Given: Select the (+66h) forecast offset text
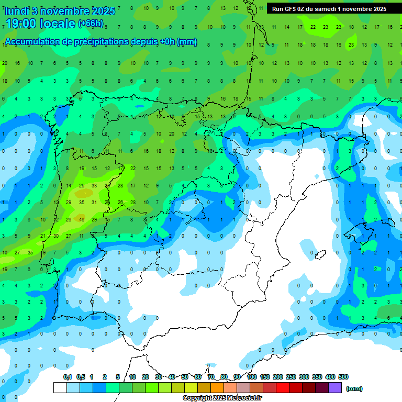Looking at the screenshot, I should click(x=91, y=24).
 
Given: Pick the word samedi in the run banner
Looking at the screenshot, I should click(x=326, y=9).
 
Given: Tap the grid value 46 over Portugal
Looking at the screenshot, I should click(x=82, y=219).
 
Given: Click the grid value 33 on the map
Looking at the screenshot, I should click(x=94, y=185).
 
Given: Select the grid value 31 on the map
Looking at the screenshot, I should click(x=94, y=202).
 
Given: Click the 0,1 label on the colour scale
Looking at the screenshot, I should click(x=68, y=377).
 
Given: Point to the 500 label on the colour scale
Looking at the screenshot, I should click(x=343, y=377).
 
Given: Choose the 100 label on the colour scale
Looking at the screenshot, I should click(x=252, y=377).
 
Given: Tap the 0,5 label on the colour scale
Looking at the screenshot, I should click(x=81, y=377).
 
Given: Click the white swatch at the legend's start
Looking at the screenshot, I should click(x=60, y=387).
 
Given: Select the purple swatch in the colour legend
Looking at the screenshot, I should click(x=335, y=387).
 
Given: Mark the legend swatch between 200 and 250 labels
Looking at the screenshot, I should click(x=283, y=387).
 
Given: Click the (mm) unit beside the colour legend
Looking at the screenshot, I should click(x=354, y=388).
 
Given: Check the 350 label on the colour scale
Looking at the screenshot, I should click(x=317, y=377).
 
